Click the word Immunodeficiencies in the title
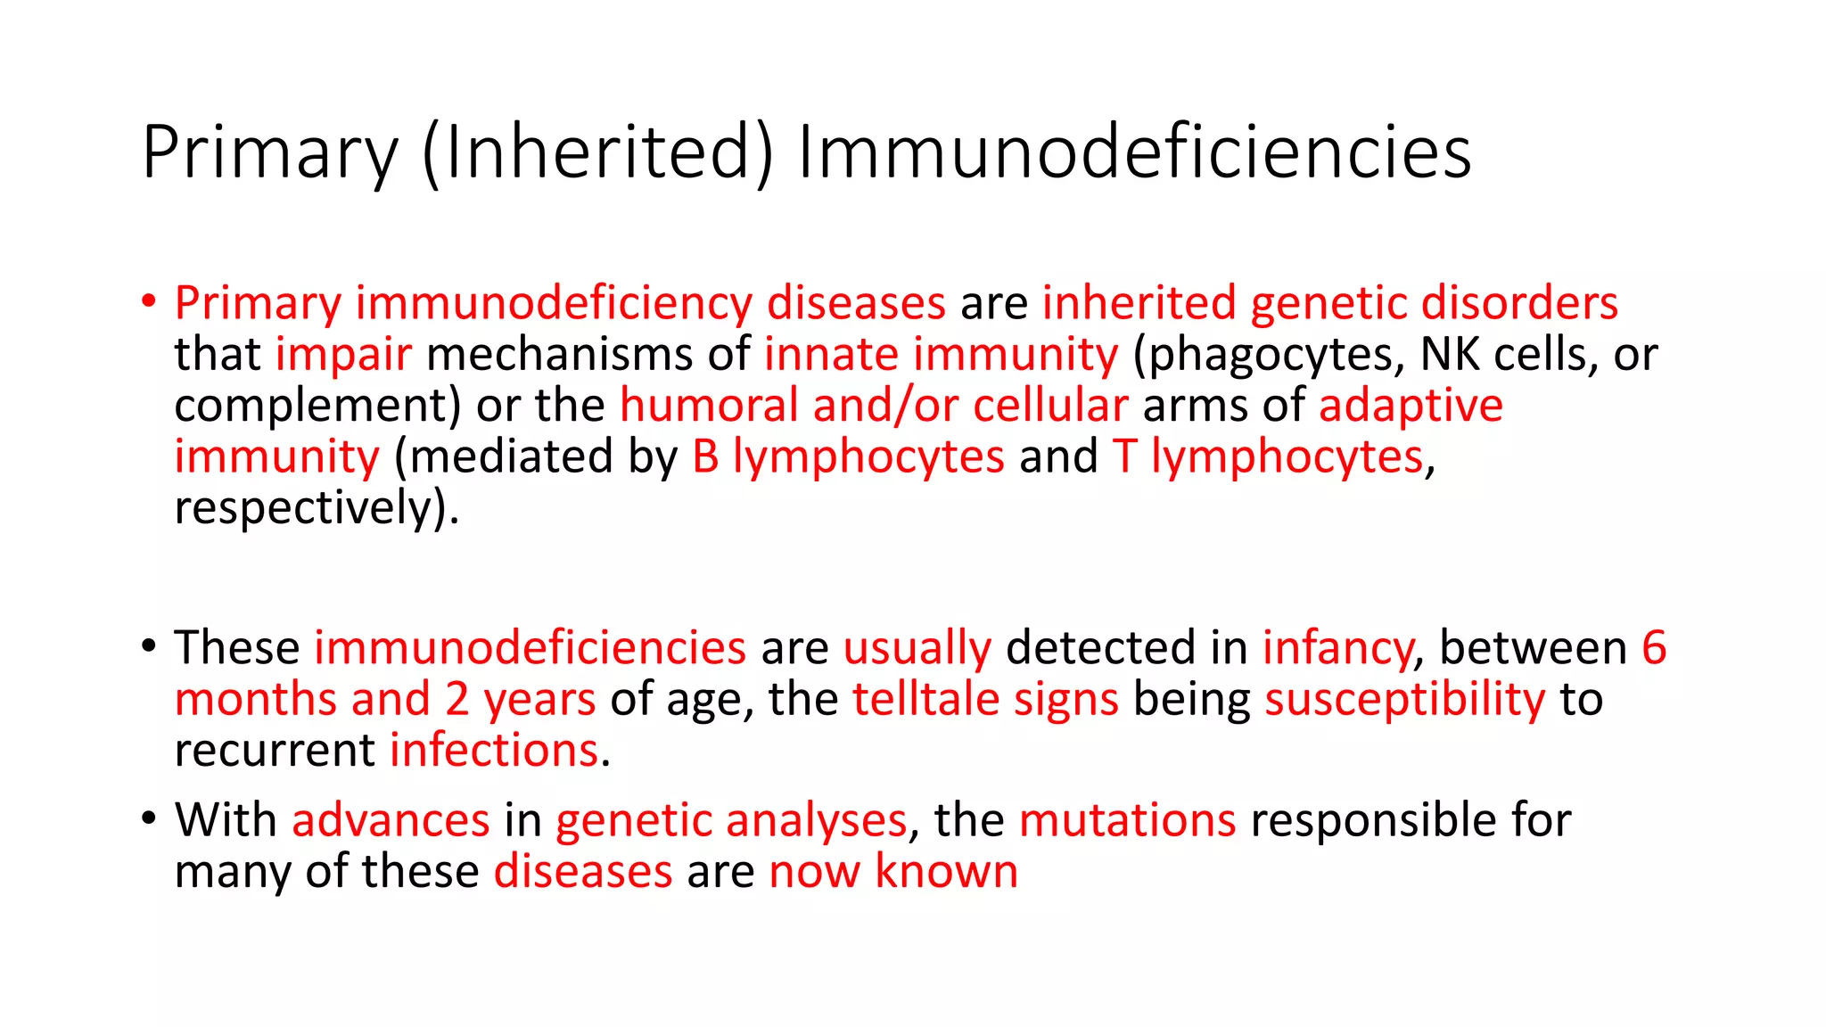pyautogui.click(x=1134, y=152)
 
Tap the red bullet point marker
pyautogui.click(x=149, y=300)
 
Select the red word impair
pyautogui.click(x=343, y=355)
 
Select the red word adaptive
pyautogui.click(x=1411, y=406)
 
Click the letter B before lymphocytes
pyautogui.click(x=705, y=456)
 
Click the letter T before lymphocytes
pyautogui.click(x=1123, y=456)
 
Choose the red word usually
pyautogui.click(x=917, y=648)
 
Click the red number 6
pyautogui.click(x=1654, y=647)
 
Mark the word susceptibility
pyautogui.click(x=1404, y=699)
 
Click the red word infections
pyautogui.click(x=494, y=751)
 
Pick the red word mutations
pyautogui.click(x=1127, y=820)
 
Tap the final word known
pyautogui.click(x=946, y=871)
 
